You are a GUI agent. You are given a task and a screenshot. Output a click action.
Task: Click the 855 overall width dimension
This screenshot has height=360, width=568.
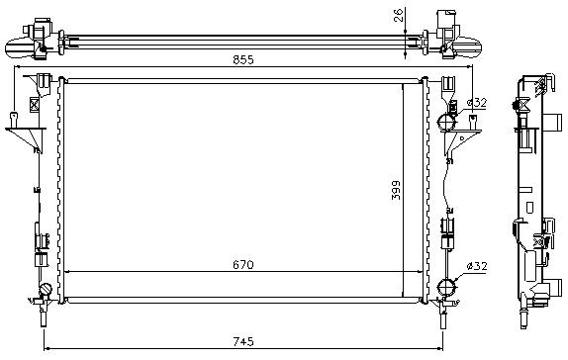pos(243,59)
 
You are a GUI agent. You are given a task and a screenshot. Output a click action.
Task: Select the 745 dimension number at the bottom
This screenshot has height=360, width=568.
pos(243,341)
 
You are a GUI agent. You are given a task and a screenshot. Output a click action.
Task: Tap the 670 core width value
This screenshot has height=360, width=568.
pos(243,265)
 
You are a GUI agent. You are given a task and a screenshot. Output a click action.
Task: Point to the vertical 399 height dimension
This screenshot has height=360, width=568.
pos(396,190)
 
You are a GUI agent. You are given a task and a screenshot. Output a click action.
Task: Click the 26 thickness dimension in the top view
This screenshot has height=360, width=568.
pos(398,15)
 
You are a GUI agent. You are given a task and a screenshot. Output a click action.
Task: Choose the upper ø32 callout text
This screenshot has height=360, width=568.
pos(477,103)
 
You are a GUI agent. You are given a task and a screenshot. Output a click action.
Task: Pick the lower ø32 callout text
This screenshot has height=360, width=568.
pos(477,266)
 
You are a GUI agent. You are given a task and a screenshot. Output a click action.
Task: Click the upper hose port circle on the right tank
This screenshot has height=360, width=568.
pos(447,123)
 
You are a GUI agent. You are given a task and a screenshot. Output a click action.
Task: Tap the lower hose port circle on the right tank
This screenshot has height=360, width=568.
pos(447,287)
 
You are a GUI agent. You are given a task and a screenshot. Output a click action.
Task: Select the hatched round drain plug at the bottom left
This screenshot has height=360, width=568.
pos(46,289)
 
